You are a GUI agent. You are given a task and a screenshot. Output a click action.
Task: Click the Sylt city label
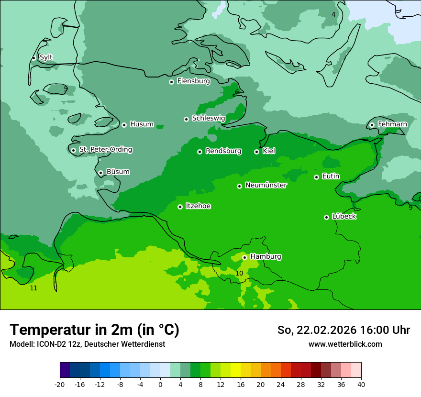coord(46,57)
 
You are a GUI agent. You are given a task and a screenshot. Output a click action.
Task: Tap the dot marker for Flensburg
coord(171,82)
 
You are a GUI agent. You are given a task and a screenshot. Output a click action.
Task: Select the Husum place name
coord(142,124)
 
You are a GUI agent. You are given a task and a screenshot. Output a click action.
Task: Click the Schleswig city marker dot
coord(186,119)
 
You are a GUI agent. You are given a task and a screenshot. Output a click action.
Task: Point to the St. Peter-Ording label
coord(105,150)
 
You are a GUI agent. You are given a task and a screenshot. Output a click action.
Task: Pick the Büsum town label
coord(118,172)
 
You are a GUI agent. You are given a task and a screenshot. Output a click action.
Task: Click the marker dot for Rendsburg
coord(199,152)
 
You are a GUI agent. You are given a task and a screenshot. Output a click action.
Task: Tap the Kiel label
coord(269,151)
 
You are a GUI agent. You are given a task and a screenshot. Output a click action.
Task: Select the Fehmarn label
coord(392,124)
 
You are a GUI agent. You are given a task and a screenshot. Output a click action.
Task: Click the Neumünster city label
coord(266,185)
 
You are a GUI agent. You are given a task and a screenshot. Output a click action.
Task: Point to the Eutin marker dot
coord(316,177)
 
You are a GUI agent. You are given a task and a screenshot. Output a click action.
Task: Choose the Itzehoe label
coord(198,206)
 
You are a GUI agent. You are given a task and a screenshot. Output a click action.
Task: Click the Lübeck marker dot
coord(326,217)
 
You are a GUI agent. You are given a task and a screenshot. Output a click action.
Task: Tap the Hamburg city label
coord(266,257)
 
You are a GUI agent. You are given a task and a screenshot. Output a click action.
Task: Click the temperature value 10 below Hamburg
coord(239,273)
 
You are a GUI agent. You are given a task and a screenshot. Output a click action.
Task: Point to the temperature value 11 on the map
coord(33,288)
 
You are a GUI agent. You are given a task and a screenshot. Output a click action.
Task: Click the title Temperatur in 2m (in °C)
coord(95,330)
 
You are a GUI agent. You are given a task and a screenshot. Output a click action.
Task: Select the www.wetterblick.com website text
coord(345,344)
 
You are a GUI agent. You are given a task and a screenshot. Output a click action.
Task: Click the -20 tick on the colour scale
coord(60,385)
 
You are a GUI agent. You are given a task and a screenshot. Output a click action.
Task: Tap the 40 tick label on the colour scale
coord(361,385)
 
